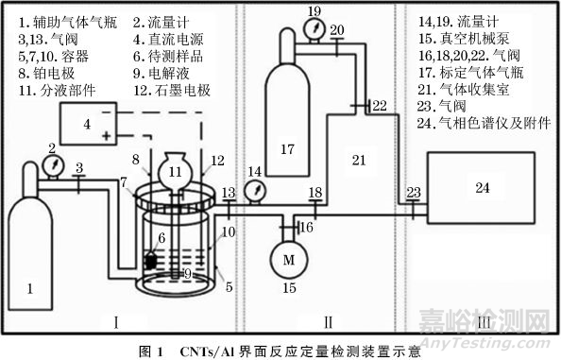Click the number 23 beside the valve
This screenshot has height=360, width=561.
point(413,193)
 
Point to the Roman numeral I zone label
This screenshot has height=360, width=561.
point(115,323)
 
